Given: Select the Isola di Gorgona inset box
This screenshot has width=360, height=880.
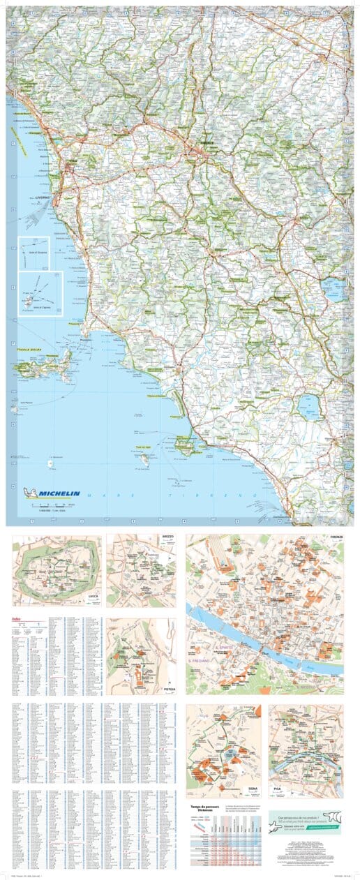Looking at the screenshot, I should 33,251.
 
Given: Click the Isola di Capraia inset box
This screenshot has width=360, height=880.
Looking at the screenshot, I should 40,294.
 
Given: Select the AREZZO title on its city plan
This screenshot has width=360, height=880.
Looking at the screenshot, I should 168,538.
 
